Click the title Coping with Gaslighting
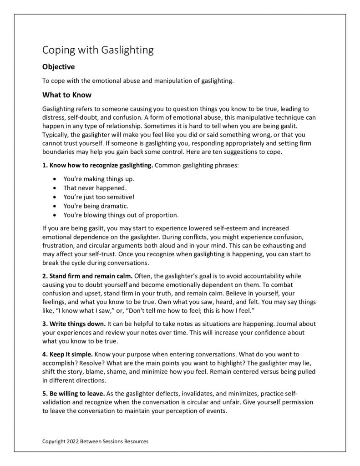(98, 50)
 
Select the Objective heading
(58, 67)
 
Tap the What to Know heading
(67, 95)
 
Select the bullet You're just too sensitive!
(99, 197)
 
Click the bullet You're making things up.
(98, 178)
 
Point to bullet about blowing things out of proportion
(121, 215)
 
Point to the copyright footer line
(95, 441)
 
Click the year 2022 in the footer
(73, 441)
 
